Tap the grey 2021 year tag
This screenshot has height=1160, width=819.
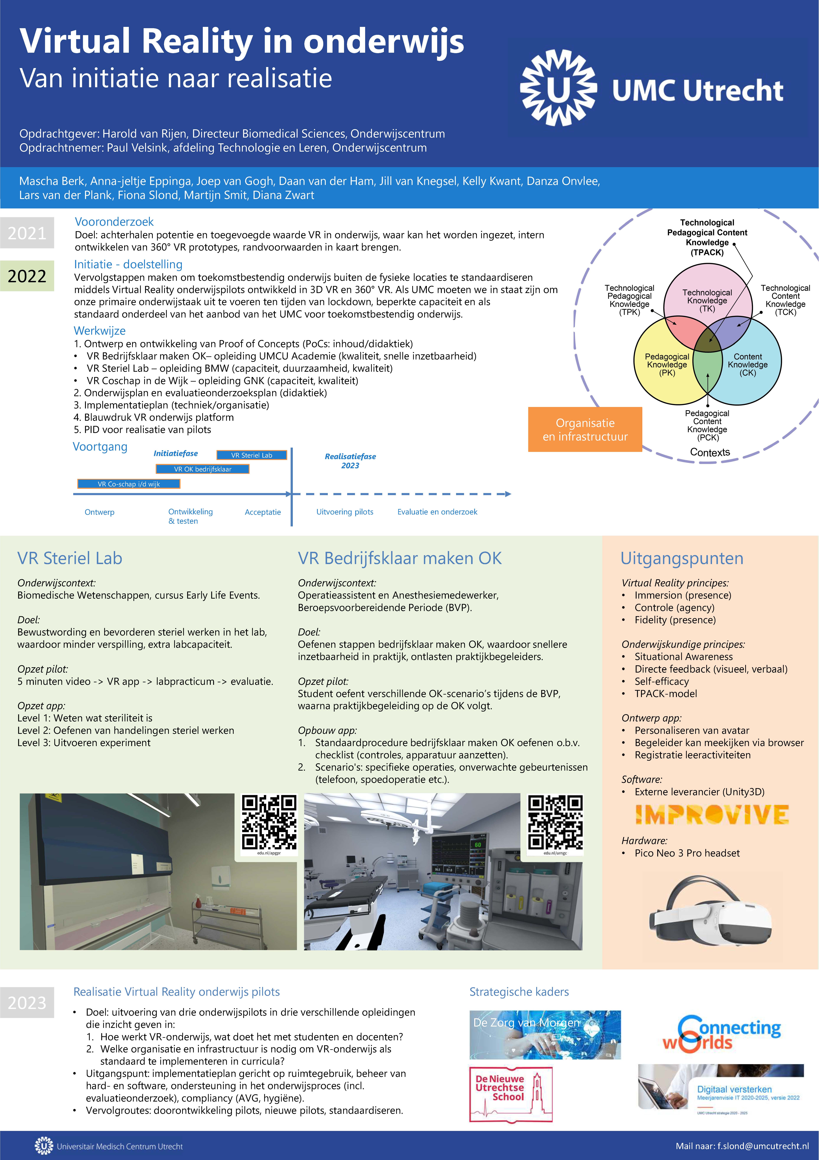coord(27,233)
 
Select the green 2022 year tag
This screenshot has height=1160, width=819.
coord(27,276)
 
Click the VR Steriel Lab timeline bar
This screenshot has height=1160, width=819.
coord(252,455)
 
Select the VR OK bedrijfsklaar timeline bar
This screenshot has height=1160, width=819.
coord(203,469)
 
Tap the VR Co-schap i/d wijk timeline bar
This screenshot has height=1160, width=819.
coord(129,484)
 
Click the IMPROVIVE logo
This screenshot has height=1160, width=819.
coord(712,815)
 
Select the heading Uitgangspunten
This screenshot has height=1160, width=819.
coord(682,558)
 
